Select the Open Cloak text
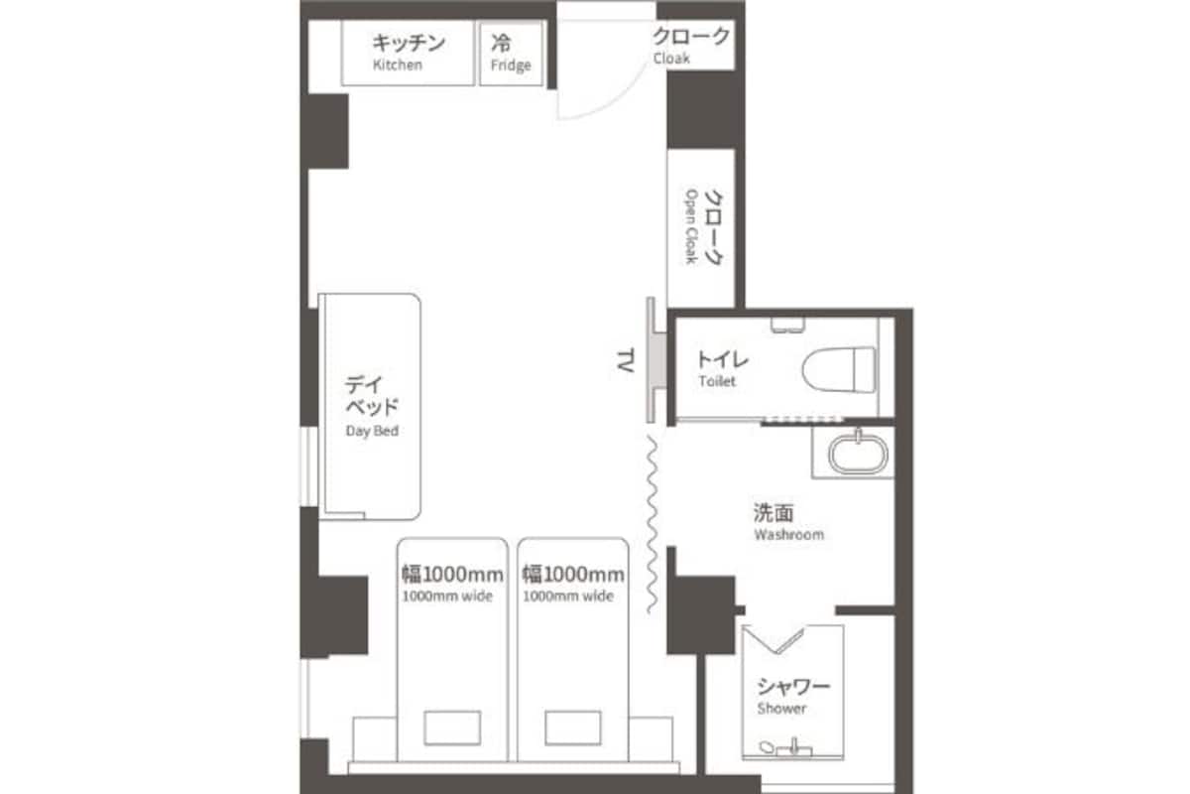pos(690,226)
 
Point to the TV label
pos(626,360)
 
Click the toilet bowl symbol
pos(839,370)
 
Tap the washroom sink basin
pos(858,455)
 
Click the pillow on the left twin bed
pos(452,728)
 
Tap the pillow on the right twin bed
pos(573,728)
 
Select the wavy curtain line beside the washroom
pos(652,524)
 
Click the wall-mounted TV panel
pos(656,360)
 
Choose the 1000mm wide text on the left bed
pos(448,596)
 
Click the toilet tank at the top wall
pos(787,325)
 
